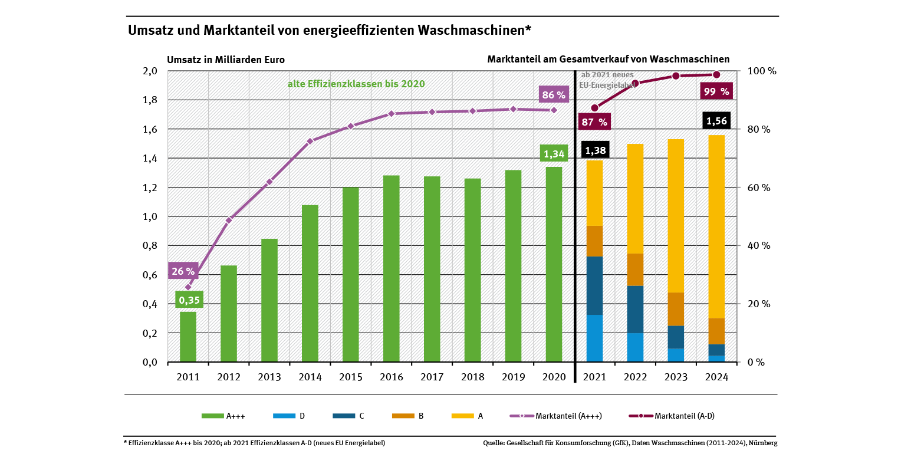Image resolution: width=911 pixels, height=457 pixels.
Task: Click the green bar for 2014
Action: [310, 283]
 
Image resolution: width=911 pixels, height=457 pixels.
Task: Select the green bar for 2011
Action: [188, 337]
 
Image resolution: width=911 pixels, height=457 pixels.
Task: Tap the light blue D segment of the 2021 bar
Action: [594, 338]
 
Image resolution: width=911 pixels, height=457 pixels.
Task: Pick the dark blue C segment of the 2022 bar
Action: [635, 310]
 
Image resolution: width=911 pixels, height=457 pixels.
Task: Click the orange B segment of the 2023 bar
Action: [676, 309]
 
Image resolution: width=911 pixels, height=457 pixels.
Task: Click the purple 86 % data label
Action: [553, 94]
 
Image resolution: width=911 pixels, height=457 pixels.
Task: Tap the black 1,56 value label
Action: [716, 121]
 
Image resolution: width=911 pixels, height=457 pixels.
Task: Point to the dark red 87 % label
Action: [594, 122]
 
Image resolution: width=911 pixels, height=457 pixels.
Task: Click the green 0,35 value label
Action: [189, 300]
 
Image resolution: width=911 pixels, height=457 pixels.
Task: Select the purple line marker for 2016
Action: [391, 114]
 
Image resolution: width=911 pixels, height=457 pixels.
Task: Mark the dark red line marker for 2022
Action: [635, 83]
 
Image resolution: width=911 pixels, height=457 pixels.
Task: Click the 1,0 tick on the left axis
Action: [150, 216]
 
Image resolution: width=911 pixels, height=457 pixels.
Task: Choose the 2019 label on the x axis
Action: [513, 377]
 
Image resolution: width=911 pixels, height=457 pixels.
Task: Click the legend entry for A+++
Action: [223, 416]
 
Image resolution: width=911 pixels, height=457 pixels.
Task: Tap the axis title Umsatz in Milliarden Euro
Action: [226, 60]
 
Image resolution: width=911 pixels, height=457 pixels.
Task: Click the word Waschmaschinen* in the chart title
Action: [474, 30]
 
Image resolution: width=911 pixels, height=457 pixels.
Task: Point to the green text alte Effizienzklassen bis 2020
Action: [356, 84]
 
